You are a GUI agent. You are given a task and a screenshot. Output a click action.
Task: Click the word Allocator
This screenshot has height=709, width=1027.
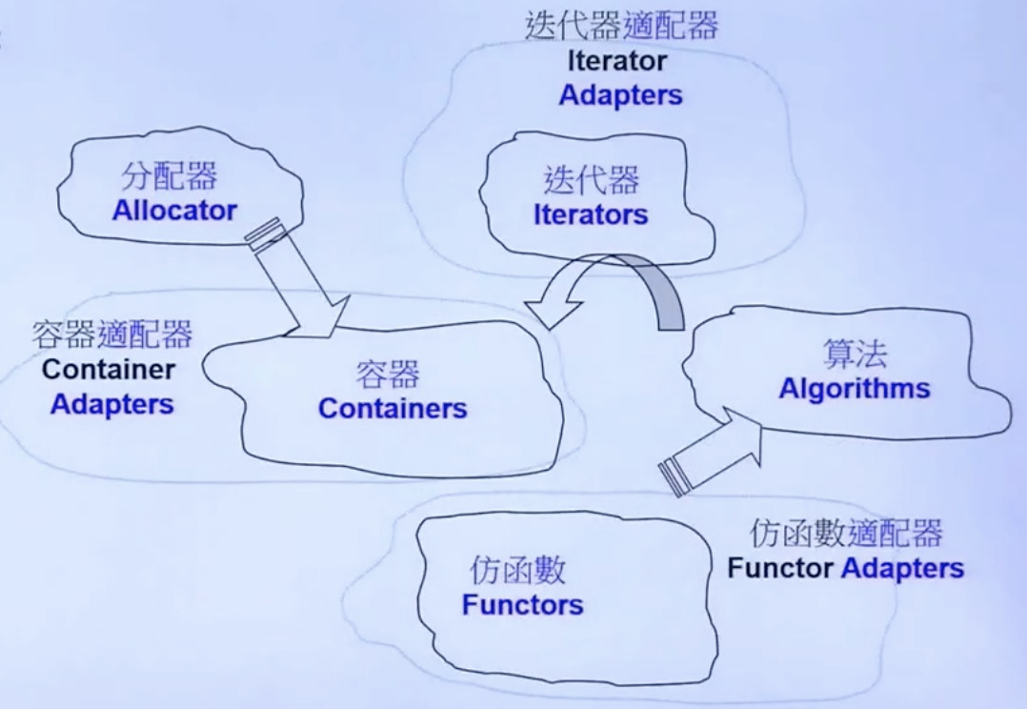pos(174,211)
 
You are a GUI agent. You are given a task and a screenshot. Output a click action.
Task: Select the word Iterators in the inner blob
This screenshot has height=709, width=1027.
pos(591,214)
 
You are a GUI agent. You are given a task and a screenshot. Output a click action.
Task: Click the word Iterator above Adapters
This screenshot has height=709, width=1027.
pos(617,63)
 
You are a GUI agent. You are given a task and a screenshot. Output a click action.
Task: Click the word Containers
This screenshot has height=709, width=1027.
pos(393,409)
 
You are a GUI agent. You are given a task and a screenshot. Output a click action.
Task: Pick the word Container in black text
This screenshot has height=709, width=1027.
pos(108,369)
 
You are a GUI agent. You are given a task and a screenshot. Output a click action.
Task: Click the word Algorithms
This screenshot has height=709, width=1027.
pos(855,389)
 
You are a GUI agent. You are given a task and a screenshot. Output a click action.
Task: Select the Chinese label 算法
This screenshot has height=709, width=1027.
pos(855,354)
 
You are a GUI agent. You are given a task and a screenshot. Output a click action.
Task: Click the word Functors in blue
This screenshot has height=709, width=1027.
pos(523,604)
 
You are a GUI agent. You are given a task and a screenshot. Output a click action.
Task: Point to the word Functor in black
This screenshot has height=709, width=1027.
pos(781,569)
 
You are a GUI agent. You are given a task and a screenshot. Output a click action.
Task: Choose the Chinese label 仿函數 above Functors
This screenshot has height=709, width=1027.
pos(518,571)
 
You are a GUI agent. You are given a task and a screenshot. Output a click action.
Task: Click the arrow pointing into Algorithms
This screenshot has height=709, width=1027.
pos(715,447)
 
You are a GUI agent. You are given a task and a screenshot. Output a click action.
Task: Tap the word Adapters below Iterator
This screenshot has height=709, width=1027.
pos(620,95)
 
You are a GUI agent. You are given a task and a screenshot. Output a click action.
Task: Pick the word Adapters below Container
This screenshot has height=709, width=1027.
pos(112,403)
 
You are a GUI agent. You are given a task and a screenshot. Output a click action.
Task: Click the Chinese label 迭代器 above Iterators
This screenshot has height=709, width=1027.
pos(591,180)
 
